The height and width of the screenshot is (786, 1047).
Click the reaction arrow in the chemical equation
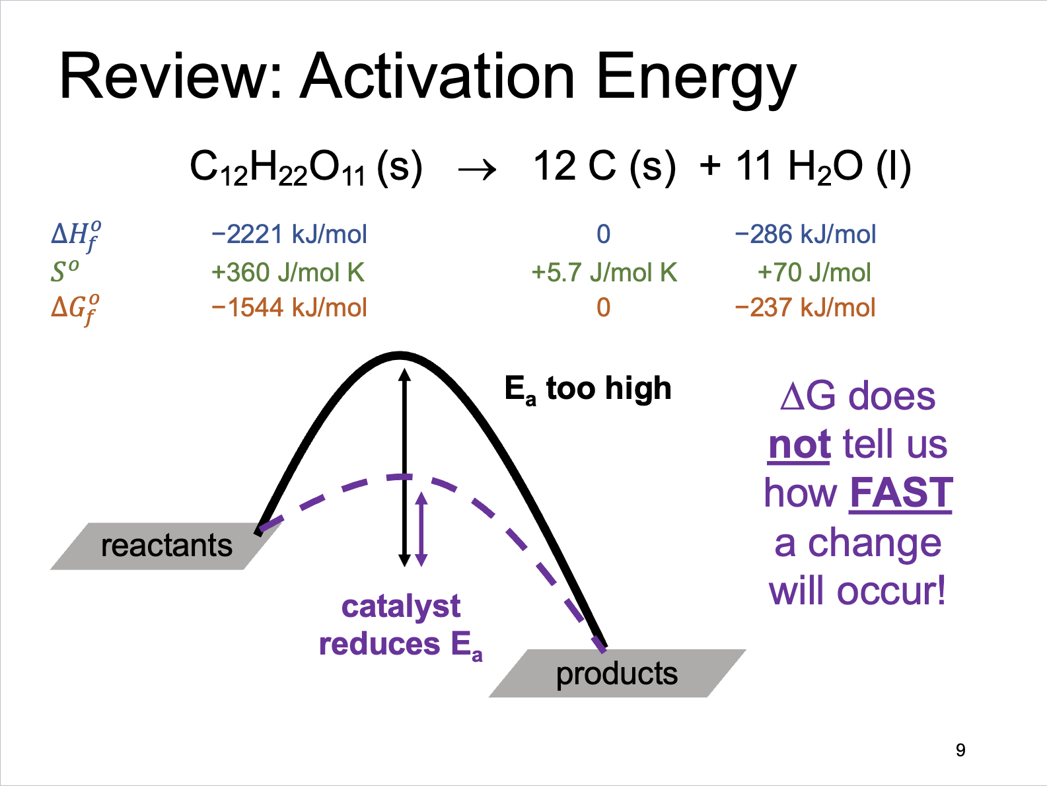coord(477,169)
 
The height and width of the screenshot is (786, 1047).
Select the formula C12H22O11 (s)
coord(307,168)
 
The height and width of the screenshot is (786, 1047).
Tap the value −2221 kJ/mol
coord(289,234)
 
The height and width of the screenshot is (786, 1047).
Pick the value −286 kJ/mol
coord(805,234)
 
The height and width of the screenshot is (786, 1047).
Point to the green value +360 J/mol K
coord(288,272)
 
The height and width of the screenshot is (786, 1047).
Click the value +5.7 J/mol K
coord(604,272)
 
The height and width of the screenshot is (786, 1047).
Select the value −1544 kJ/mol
coord(289,307)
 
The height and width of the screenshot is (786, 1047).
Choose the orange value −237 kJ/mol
coord(805,307)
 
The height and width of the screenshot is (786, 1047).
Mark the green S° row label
coord(65,271)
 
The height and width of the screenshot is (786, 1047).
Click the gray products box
coord(617,674)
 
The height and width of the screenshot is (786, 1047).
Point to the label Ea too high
coord(588,389)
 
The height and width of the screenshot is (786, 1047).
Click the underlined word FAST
coord(900,493)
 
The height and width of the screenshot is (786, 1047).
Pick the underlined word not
coord(799,445)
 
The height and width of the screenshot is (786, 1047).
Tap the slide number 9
coord(960,750)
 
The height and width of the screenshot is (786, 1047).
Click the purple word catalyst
coord(401,607)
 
